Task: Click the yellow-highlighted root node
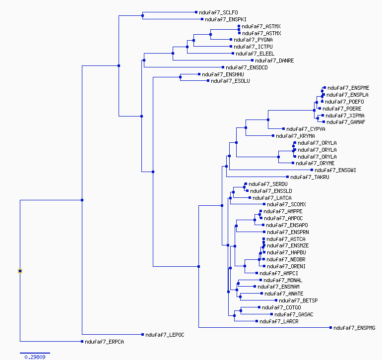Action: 20,271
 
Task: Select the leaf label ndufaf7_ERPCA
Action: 104,342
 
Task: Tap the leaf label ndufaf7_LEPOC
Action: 165,335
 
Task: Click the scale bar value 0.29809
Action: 35,357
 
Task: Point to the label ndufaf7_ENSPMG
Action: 354,328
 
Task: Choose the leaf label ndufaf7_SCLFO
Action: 218,12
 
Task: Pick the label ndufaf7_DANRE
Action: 274,60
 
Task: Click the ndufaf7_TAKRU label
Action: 310,177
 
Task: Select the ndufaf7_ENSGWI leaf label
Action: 335,170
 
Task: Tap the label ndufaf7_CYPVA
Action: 306,129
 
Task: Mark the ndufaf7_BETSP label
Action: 298,300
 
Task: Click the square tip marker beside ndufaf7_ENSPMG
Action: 330,328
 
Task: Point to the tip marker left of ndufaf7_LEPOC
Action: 142,334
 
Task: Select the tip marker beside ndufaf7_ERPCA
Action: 82,341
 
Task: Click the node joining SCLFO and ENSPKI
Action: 142,15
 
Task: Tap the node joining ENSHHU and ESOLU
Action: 180,77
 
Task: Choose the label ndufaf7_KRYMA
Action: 295,136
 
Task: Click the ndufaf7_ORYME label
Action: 315,163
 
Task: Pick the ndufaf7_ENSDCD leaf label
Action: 247,67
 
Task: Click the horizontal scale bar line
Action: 35,353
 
